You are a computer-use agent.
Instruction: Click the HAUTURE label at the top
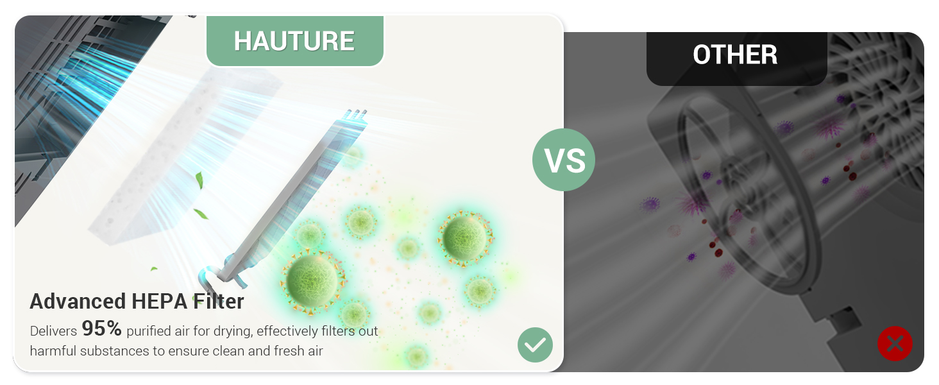coord(294,41)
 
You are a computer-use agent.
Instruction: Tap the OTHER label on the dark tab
coord(735,55)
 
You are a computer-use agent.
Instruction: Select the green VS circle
coord(564,160)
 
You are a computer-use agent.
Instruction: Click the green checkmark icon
coord(535,345)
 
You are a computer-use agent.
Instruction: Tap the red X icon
coord(895,343)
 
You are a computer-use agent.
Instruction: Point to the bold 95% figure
coord(101,329)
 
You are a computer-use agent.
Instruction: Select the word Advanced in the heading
coord(78,302)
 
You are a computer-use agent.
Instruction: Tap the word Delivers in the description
coord(53,332)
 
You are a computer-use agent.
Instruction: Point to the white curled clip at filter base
coord(212,275)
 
